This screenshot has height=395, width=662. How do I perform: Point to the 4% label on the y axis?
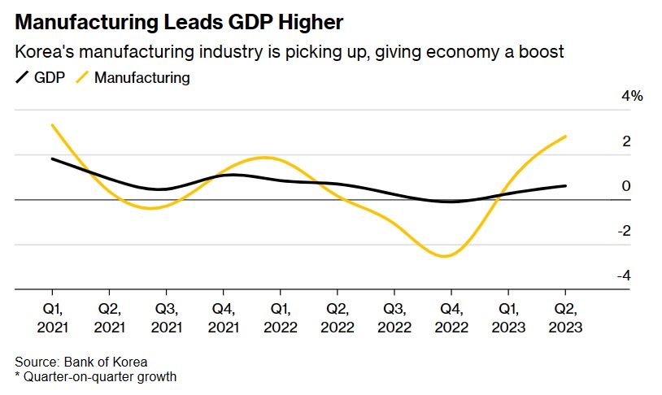point(632,96)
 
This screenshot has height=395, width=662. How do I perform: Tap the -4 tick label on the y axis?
point(624,276)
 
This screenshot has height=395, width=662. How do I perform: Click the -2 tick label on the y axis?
point(624,231)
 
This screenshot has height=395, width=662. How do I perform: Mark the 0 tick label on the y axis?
point(626,186)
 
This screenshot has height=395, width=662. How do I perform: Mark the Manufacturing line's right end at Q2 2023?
point(566,137)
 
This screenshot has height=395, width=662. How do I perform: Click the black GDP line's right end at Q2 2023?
point(566,185)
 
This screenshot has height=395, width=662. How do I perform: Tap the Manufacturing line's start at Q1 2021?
point(52,125)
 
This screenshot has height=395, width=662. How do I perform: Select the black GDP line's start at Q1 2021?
point(52,158)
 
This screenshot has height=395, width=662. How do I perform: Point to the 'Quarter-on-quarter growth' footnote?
point(99,376)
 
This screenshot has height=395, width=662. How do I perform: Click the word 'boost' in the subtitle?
point(544,52)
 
